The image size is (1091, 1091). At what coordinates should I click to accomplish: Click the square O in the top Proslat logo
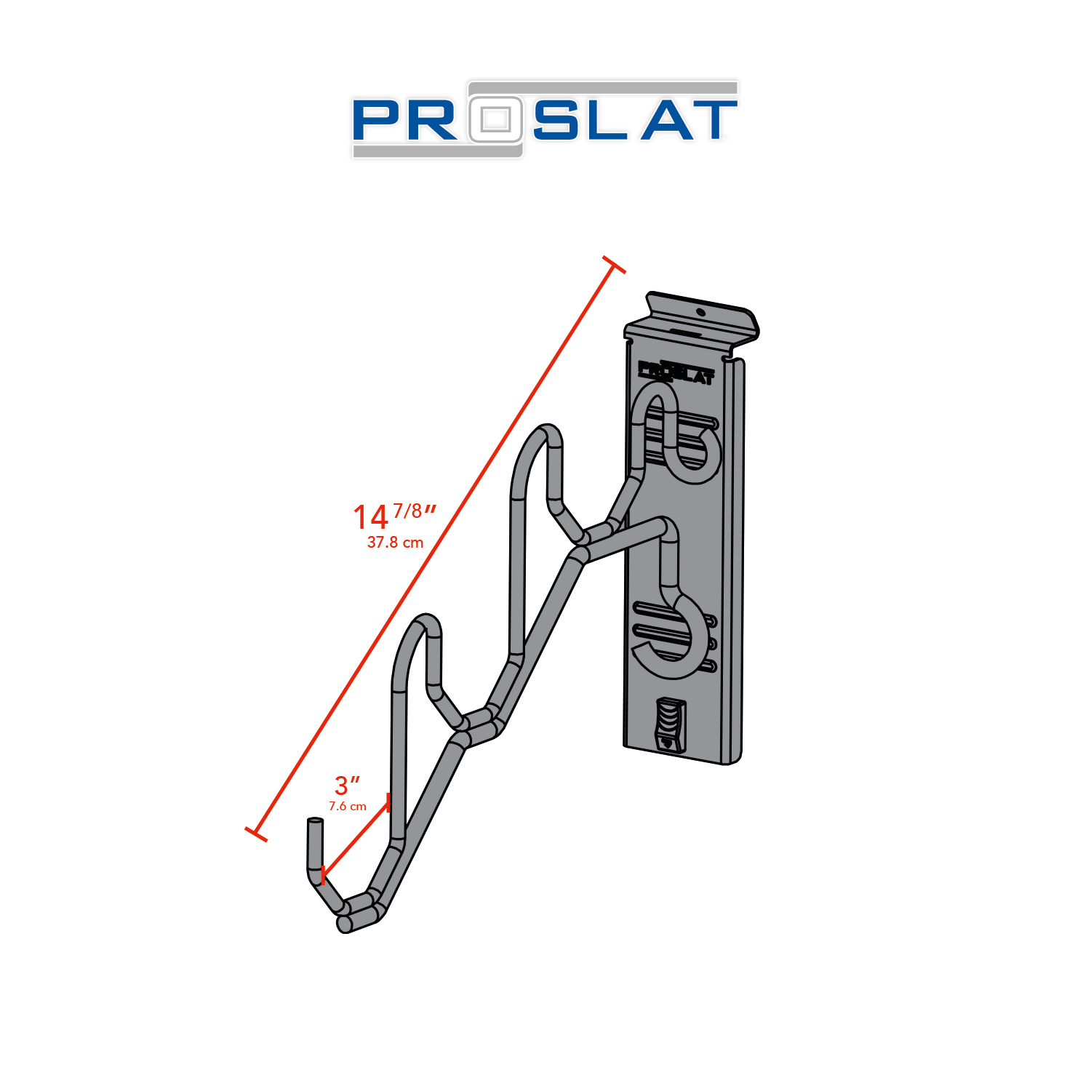[x=496, y=119]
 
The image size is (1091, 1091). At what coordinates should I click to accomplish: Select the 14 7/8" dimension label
[x=393, y=516]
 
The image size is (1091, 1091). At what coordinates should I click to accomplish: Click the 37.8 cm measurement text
[x=395, y=543]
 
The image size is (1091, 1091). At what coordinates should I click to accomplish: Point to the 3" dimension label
[x=346, y=786]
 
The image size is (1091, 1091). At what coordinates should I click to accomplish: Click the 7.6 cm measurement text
[x=348, y=806]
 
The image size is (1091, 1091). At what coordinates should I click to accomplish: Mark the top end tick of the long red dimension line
[x=614, y=265]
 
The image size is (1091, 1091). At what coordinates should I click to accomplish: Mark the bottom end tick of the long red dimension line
[x=256, y=834]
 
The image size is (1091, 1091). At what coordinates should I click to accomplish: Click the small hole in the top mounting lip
[x=700, y=312]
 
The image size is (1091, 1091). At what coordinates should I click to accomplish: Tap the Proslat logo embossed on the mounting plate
[x=676, y=372]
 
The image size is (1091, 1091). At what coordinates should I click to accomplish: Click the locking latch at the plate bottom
[x=670, y=724]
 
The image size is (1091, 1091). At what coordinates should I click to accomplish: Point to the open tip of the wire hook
[x=315, y=822]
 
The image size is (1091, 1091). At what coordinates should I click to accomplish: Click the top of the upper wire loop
[x=547, y=431]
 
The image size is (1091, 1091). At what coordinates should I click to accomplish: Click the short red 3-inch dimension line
[x=356, y=838]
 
